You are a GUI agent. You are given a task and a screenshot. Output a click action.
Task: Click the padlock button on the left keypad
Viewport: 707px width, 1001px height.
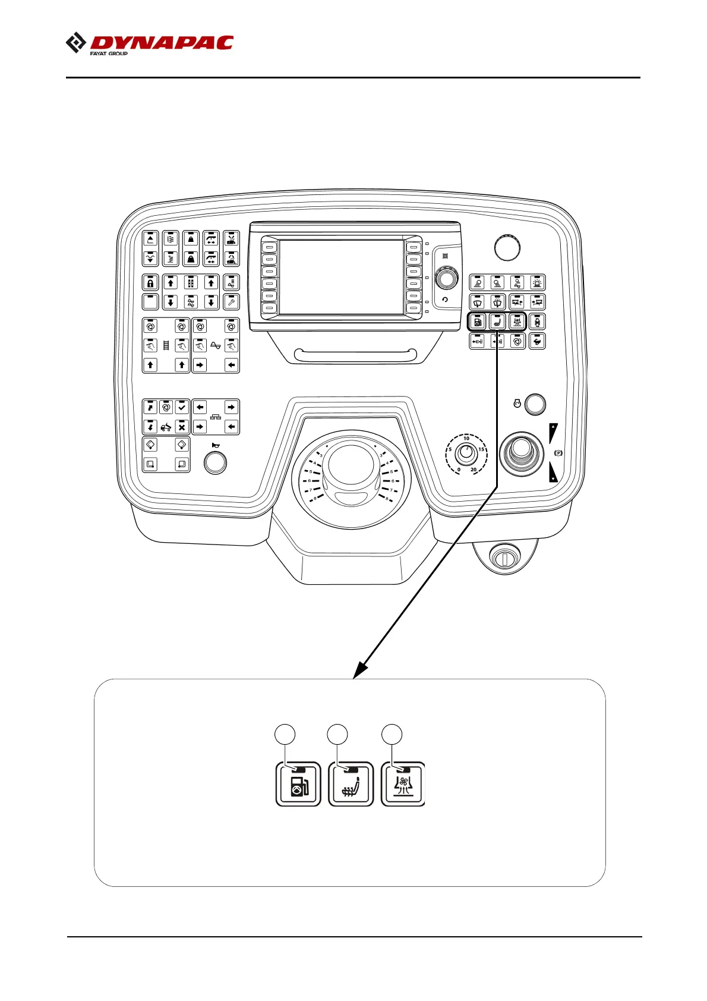150,283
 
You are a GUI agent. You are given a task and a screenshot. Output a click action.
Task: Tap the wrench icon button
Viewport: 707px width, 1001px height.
231,302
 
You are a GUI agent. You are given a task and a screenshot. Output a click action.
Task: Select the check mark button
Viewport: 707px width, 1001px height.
182,407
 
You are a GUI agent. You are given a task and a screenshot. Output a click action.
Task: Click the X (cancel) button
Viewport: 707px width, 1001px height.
182,427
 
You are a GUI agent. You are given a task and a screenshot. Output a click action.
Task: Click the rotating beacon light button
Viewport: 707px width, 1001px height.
537,283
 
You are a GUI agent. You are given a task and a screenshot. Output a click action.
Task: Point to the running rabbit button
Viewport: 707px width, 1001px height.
537,341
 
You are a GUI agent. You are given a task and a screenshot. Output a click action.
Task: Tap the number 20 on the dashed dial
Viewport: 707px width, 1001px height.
474,470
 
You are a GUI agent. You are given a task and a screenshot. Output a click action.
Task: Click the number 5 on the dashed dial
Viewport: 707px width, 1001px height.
450,449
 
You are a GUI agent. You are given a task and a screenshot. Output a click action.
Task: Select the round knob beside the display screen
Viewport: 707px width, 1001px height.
446,278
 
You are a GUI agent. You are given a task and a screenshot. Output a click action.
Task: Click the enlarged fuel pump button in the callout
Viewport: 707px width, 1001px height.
298,784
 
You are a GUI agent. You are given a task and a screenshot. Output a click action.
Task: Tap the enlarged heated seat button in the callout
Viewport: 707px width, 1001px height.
351,784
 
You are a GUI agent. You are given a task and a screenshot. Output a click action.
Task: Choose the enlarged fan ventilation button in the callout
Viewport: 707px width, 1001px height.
403,784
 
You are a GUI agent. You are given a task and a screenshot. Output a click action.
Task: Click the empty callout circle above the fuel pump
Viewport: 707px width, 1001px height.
285,734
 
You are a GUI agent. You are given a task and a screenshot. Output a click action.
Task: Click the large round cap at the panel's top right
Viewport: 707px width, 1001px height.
507,247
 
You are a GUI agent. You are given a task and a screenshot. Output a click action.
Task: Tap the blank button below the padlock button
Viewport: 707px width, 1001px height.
150,302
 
